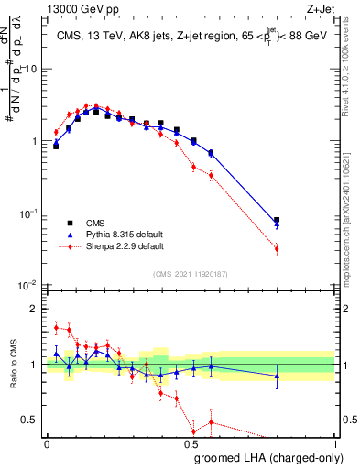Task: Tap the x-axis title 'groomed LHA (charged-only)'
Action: pos(267,458)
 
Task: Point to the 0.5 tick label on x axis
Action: pos(191,443)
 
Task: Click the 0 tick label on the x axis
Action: pos(47,443)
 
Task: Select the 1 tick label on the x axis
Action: pos(335,443)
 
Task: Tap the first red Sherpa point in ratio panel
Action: pos(56,327)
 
